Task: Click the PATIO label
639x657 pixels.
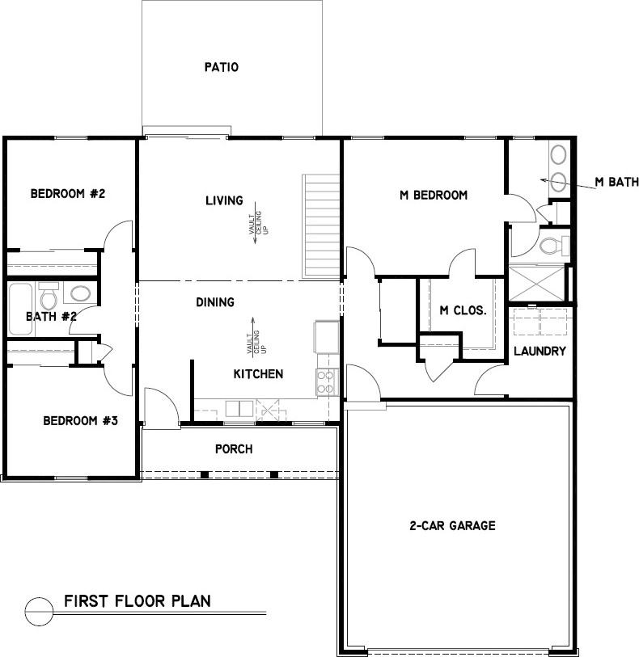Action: coord(221,68)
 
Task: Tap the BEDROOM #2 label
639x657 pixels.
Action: coord(69,194)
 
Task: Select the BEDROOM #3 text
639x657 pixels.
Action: coord(81,420)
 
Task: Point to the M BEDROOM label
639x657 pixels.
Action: coord(434,195)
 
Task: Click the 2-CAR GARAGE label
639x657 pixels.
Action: coord(452,526)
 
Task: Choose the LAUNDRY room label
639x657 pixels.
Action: coord(540,351)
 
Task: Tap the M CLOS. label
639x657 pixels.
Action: coord(463,310)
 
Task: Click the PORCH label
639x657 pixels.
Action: coord(234,449)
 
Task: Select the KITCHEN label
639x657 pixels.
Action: coord(258,374)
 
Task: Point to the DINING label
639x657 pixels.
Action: coord(215,302)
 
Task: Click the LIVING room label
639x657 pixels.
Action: coord(224,200)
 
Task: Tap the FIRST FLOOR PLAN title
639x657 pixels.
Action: coord(138,600)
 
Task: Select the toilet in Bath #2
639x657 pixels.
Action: coord(49,297)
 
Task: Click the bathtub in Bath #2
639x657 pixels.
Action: coord(20,308)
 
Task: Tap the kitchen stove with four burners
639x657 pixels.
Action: coord(327,381)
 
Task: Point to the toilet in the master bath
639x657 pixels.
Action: coord(552,244)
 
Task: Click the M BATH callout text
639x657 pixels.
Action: coord(616,183)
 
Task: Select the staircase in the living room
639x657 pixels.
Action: coord(320,227)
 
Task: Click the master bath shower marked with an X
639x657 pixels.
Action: coord(535,283)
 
